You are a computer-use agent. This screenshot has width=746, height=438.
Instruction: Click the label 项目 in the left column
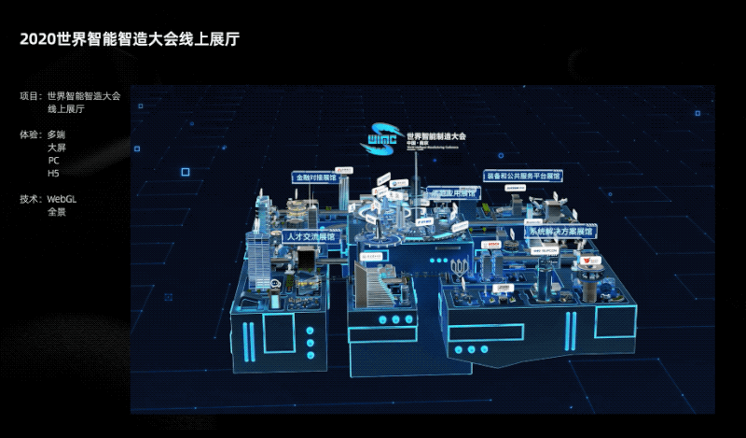coord(30,95)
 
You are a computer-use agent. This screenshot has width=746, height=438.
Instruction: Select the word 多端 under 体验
coord(57,134)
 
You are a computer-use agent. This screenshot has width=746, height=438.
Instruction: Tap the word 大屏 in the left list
coord(57,148)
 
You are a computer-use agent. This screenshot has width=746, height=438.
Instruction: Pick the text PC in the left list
coord(53,161)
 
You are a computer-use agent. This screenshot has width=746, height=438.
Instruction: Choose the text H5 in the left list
coord(53,173)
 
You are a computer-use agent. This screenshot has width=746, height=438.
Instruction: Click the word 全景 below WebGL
coord(57,212)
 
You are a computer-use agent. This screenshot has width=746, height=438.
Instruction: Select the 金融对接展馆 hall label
coord(312,176)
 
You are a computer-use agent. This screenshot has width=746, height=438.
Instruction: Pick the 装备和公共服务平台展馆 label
coord(523,175)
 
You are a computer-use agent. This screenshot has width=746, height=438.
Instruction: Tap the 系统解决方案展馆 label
coord(560,231)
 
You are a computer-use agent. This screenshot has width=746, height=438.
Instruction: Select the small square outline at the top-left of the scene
coord(186,171)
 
